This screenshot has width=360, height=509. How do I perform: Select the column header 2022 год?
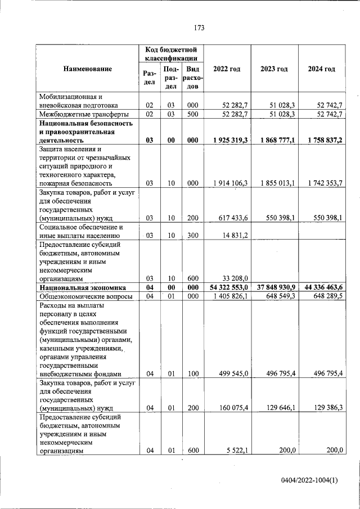(227, 69)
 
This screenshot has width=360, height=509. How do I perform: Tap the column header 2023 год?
(274, 69)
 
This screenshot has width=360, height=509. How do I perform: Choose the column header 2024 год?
(322, 69)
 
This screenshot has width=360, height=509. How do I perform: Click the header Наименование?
(88, 69)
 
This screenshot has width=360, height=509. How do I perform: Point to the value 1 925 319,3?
(227, 140)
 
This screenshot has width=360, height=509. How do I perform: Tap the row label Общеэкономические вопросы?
(85, 296)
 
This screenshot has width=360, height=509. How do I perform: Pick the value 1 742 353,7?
(322, 183)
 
